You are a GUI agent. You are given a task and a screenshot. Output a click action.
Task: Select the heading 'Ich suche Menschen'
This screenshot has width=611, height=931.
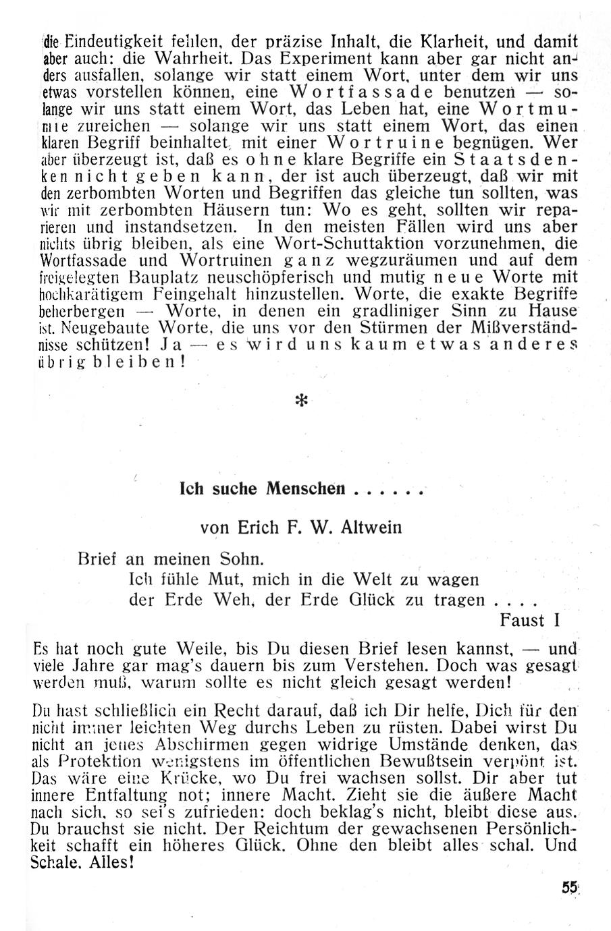coord(263,488)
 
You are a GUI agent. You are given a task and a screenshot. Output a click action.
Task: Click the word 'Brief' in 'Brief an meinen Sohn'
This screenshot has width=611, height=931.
coord(98,559)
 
